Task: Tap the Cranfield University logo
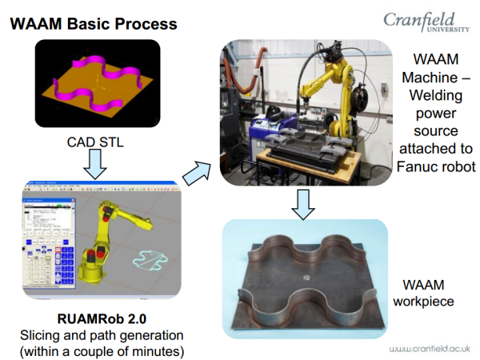tap(426, 22)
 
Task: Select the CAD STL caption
tap(95, 142)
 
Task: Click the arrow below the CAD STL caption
tap(95, 164)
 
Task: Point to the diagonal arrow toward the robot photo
tap(197, 173)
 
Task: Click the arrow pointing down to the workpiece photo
tap(303, 205)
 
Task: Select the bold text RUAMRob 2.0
tap(102, 318)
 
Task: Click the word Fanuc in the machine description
tap(418, 167)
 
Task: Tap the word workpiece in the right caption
tap(423, 302)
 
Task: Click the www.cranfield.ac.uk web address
tap(430, 349)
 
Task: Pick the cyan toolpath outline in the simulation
tap(150, 260)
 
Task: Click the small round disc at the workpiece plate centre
tap(307, 278)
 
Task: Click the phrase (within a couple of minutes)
tap(102, 351)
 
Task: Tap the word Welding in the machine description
tap(436, 95)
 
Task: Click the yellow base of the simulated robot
tap(92, 272)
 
